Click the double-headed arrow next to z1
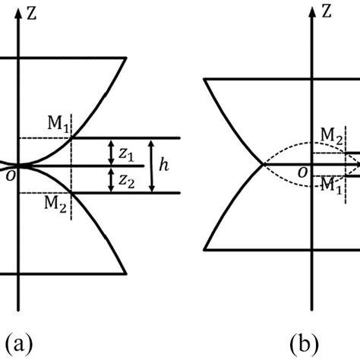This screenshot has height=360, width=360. pyautogui.click(x=112, y=151)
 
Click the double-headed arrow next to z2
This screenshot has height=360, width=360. pyautogui.click(x=112, y=179)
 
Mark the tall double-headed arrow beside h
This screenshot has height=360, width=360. pyautogui.click(x=150, y=165)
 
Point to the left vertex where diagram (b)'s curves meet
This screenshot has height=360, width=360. pyautogui.click(x=263, y=164)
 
